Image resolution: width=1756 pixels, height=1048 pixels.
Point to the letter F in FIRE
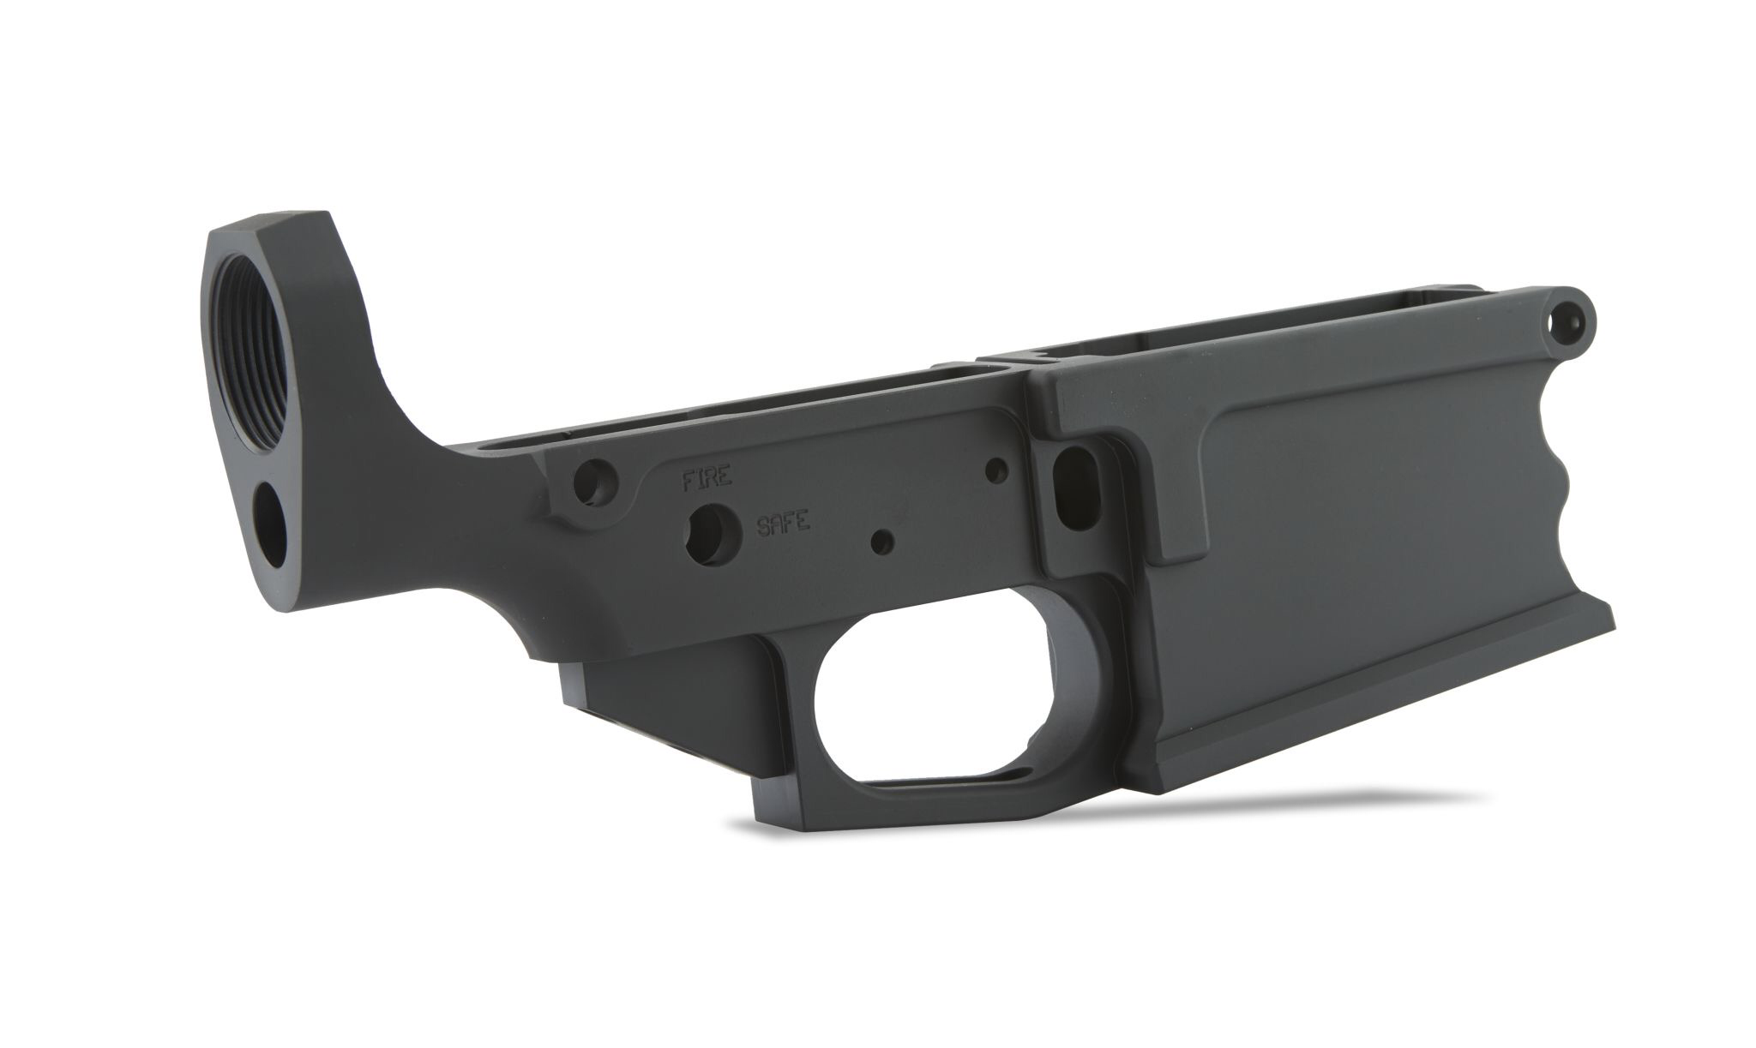(x=687, y=481)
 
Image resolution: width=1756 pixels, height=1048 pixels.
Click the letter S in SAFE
(x=762, y=525)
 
